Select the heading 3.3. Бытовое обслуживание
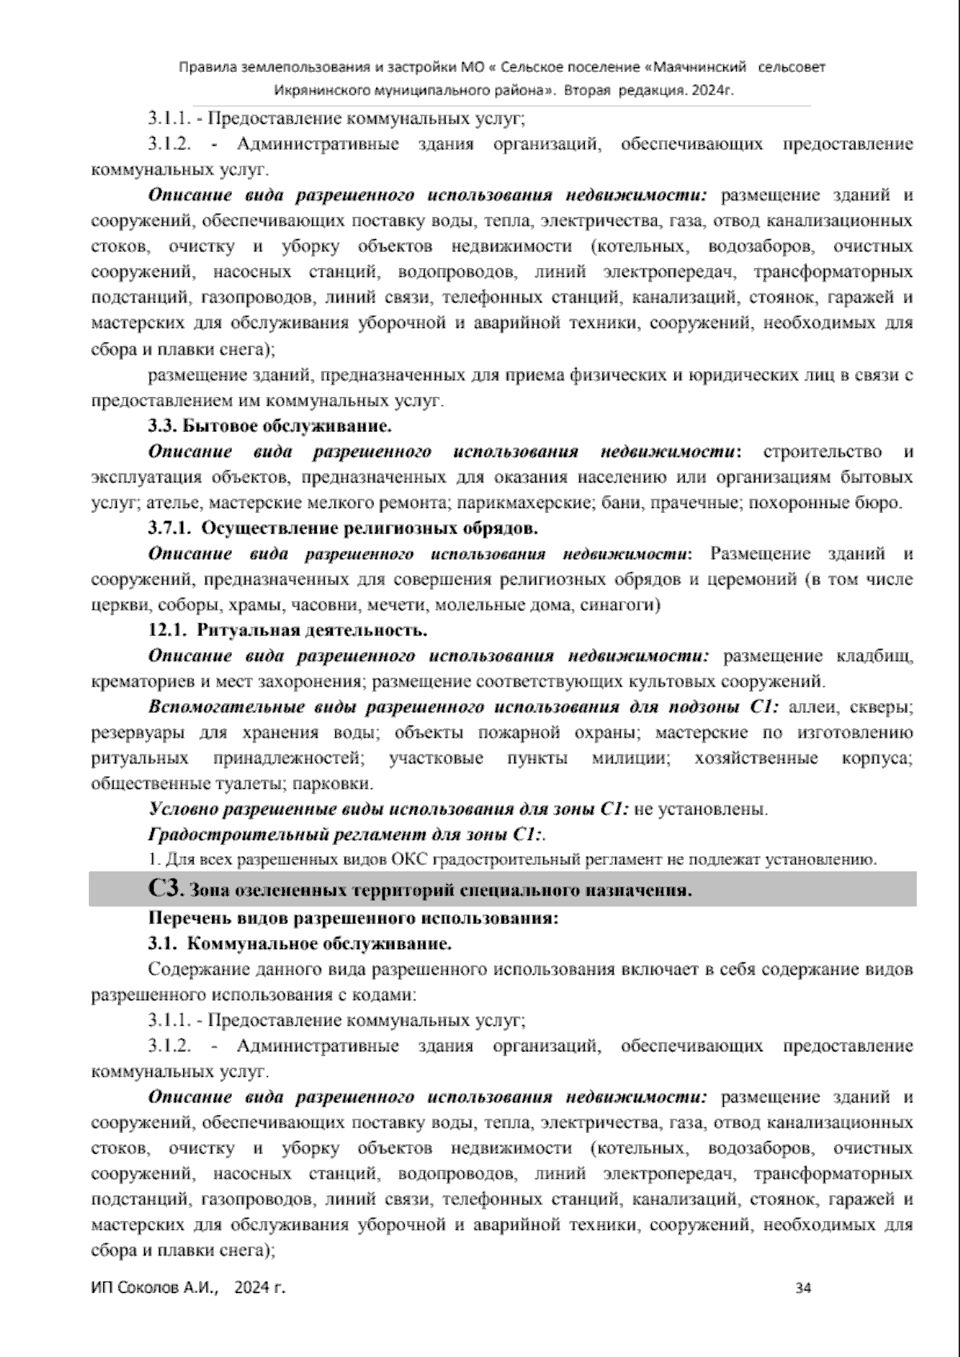click(x=270, y=426)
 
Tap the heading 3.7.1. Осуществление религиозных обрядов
click(x=343, y=528)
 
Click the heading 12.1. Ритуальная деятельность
click(x=288, y=630)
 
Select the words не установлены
click(x=700, y=810)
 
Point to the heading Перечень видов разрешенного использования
click(x=353, y=918)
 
